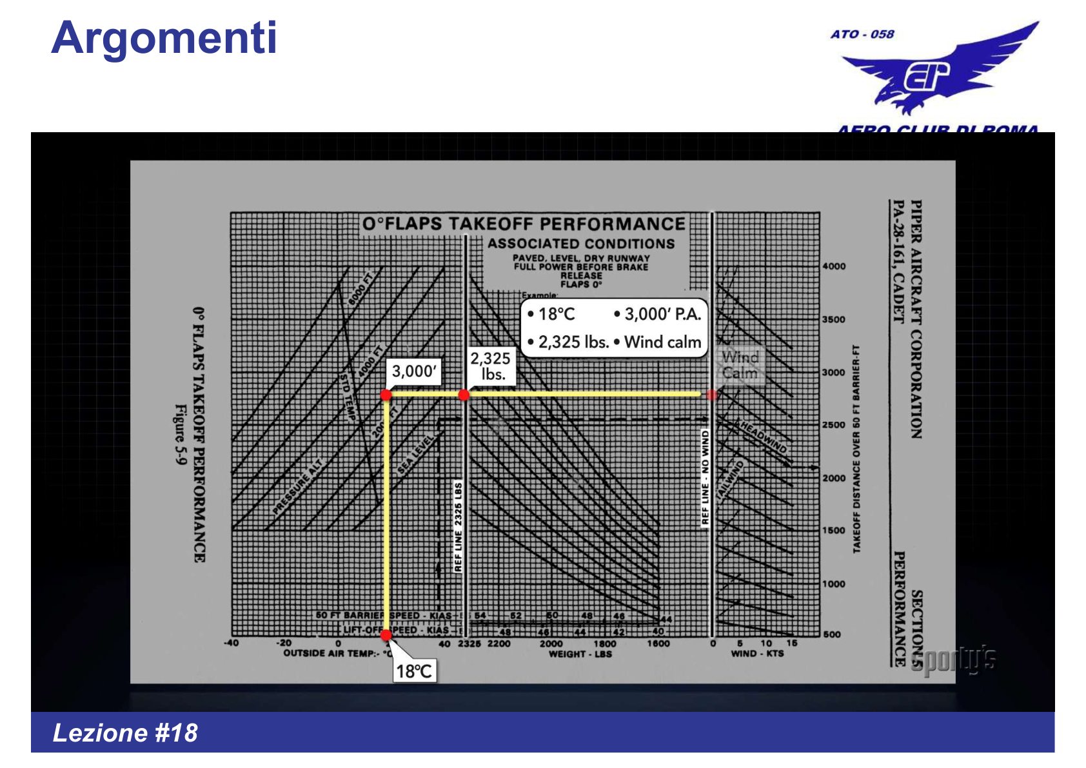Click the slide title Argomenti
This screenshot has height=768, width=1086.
(164, 38)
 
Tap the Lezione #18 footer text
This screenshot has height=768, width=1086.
(125, 733)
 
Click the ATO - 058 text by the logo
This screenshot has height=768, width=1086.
(862, 34)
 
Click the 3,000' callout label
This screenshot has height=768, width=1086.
(414, 371)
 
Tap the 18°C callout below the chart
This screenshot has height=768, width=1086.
(413, 671)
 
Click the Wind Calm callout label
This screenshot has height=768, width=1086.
(740, 365)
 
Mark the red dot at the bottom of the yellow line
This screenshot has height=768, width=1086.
(386, 635)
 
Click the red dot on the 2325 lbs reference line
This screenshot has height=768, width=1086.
(464, 395)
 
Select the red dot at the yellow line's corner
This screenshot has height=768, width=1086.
(386, 395)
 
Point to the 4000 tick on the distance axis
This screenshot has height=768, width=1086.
(834, 266)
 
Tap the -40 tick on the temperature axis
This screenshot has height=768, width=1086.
(231, 644)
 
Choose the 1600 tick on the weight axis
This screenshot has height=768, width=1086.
(658, 644)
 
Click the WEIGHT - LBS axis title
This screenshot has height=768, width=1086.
(580, 654)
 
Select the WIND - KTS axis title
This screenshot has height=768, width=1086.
(757, 654)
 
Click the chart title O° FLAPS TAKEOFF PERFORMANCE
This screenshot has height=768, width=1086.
(524, 224)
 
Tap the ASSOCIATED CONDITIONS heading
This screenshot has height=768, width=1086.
(580, 244)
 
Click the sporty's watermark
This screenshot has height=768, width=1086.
(954, 660)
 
